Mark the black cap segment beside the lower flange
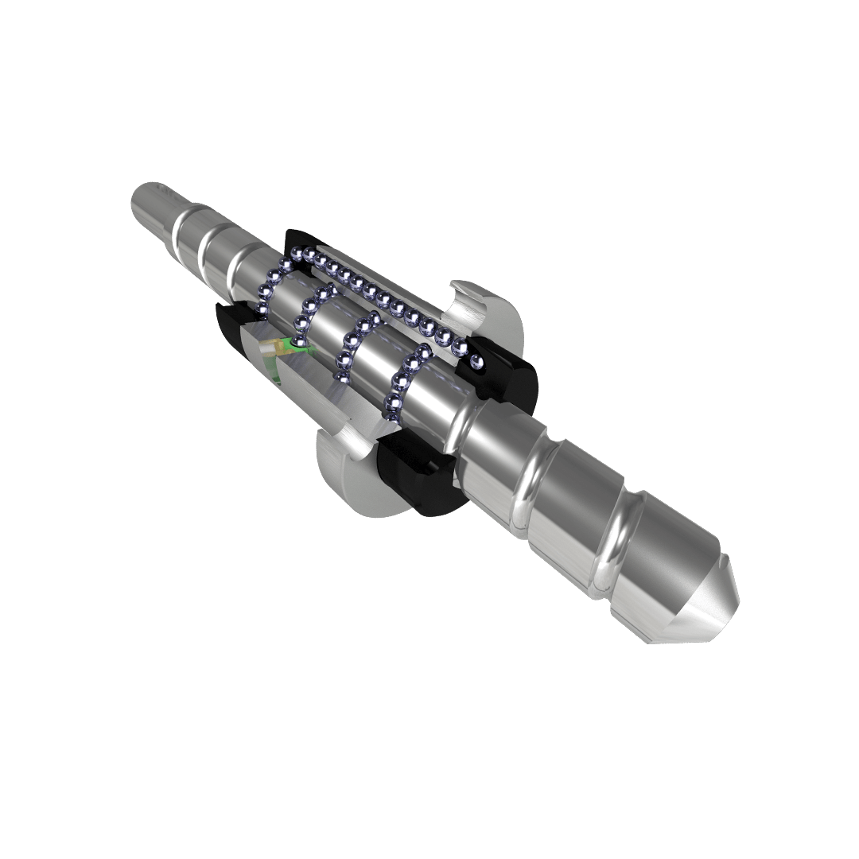click(x=414, y=477)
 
